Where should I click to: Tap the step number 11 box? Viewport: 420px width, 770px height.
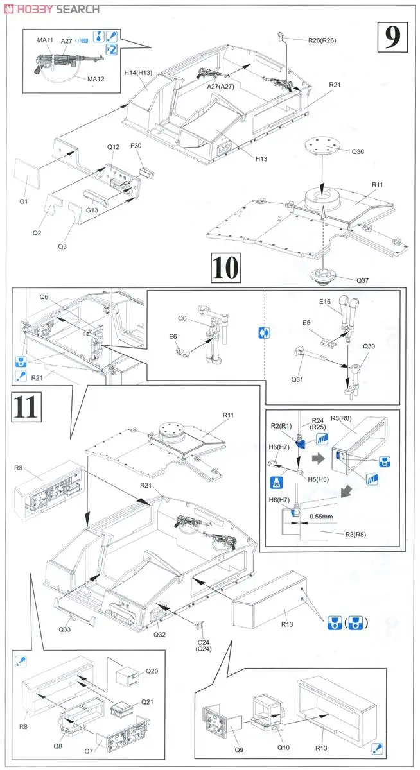[x=26, y=408]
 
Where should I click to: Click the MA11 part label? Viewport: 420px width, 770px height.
[x=45, y=40]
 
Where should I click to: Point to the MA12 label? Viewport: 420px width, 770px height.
[x=96, y=79]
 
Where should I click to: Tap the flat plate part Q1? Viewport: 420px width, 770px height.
[x=27, y=171]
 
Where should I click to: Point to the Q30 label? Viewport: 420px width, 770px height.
[x=369, y=345]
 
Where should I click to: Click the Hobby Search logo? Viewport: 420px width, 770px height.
[x=51, y=8]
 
